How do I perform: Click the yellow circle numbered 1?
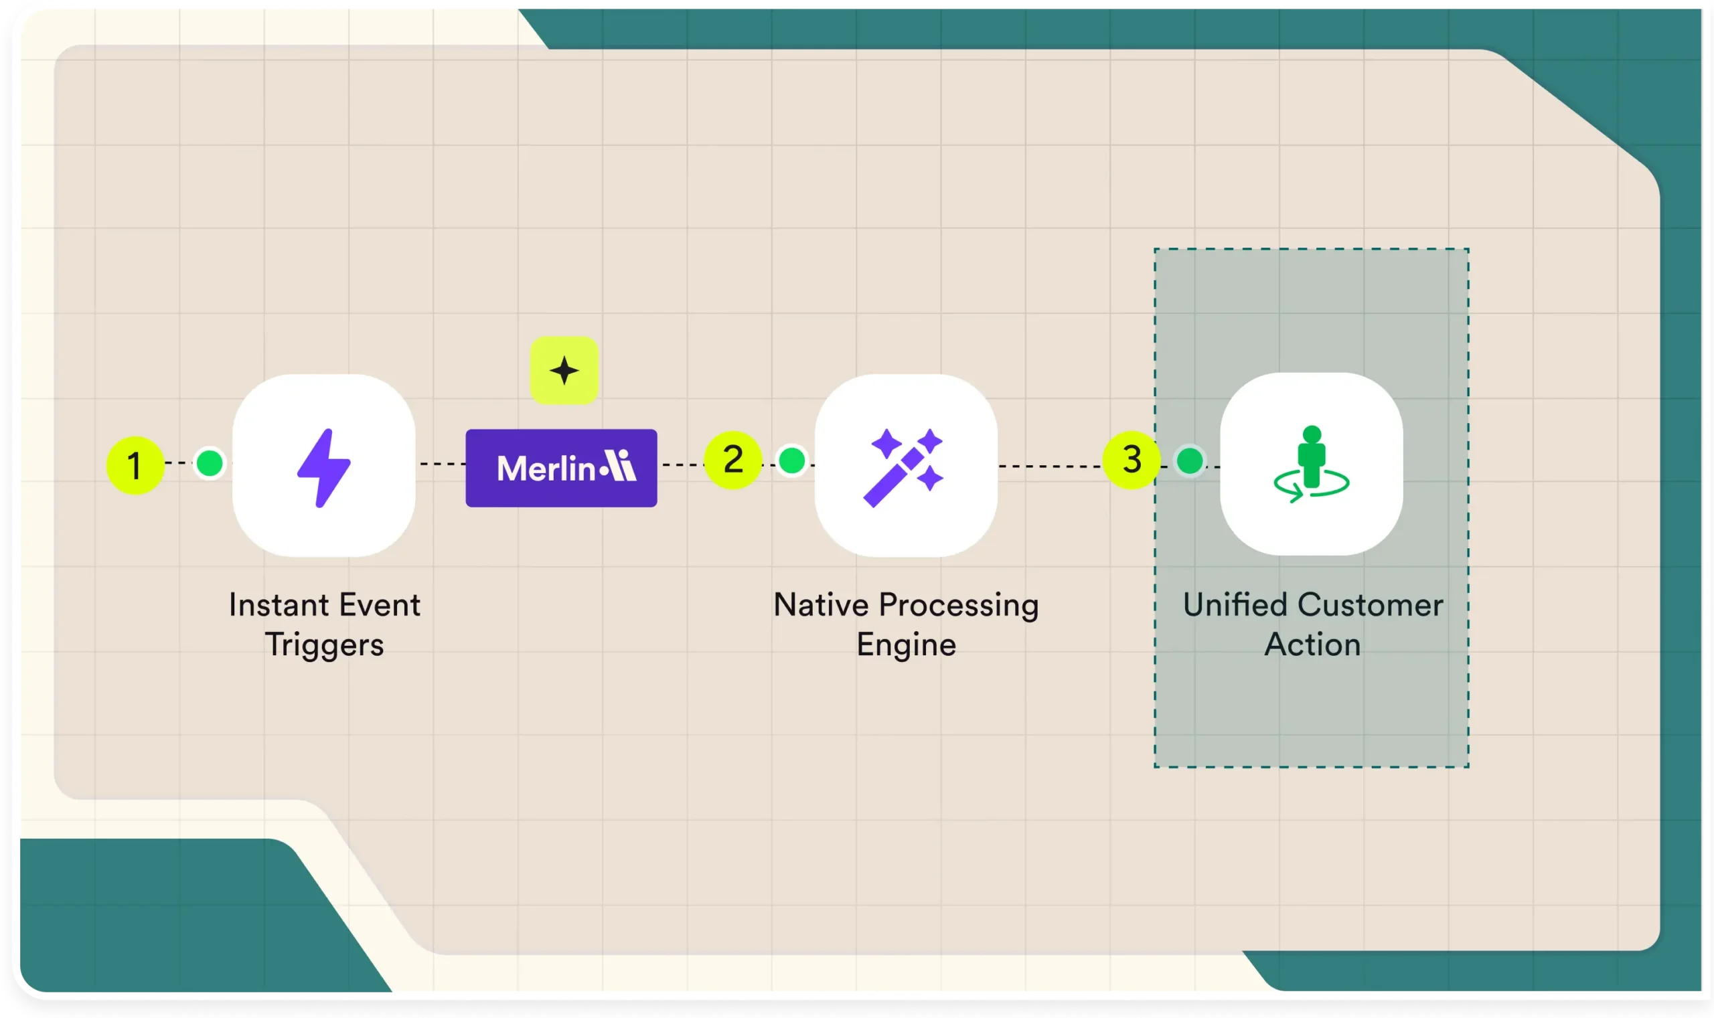[135, 466]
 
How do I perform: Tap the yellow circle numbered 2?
[733, 460]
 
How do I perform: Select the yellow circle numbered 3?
[1132, 460]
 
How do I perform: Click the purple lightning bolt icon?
[324, 468]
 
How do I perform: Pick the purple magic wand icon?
[904, 468]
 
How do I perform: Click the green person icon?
[1311, 464]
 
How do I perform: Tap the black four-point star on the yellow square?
[564, 370]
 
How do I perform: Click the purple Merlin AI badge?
[561, 468]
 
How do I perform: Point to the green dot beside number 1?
[210, 463]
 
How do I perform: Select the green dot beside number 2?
[792, 460]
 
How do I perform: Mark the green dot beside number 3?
[1190, 460]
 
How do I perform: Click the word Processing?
[959, 606]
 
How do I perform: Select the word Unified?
[1235, 605]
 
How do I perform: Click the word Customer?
[1371, 605]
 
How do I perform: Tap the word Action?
[1312, 645]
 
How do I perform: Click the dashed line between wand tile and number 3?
[1050, 466]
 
